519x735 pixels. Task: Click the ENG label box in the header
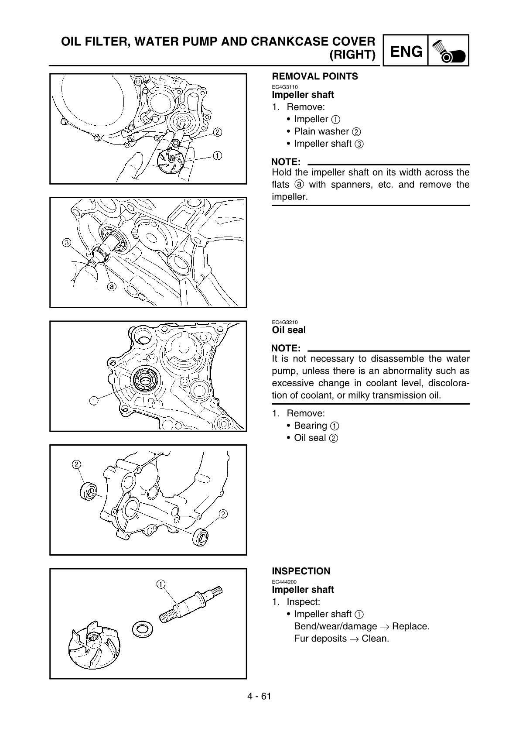[406, 51]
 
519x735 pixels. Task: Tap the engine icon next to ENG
[448, 51]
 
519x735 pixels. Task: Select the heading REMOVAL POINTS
[314, 76]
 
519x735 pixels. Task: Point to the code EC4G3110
[284, 86]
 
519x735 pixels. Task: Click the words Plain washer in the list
[321, 131]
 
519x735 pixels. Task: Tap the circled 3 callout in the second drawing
[67, 242]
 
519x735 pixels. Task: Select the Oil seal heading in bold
[289, 330]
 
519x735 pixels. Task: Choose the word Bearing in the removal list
[310, 426]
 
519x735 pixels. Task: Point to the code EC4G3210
[284, 322]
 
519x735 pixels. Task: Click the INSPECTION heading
[301, 571]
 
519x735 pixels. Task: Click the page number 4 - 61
[259, 696]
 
